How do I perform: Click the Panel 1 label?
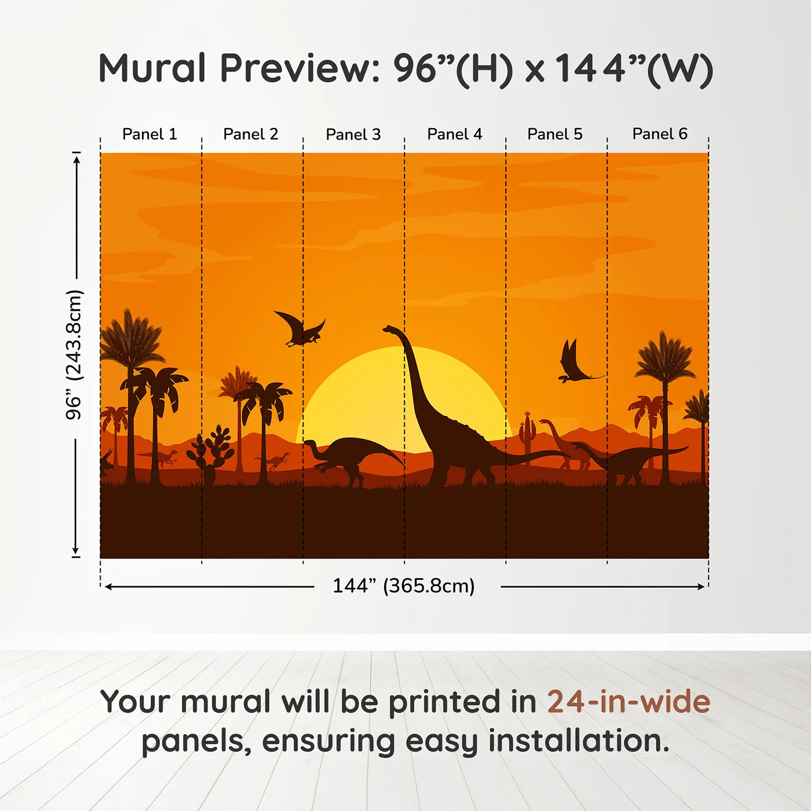click(x=149, y=134)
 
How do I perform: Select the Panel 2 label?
click(x=250, y=134)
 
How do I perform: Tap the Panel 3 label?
click(x=353, y=134)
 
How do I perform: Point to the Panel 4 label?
click(x=455, y=134)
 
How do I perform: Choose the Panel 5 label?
click(x=555, y=134)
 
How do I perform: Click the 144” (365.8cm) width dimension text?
click(x=404, y=586)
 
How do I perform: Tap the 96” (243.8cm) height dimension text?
click(x=74, y=355)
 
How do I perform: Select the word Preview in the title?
click(x=300, y=68)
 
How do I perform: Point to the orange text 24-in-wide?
click(x=629, y=702)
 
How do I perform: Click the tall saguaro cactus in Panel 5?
click(x=527, y=438)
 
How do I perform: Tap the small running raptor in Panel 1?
click(x=160, y=458)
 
